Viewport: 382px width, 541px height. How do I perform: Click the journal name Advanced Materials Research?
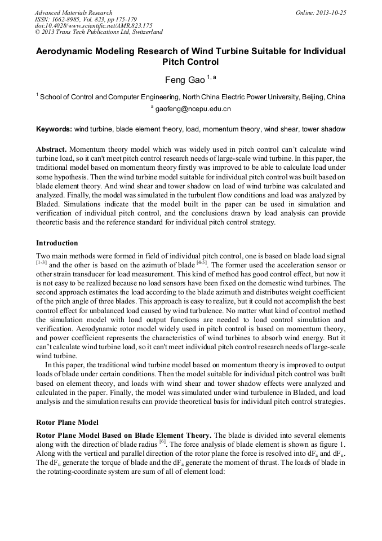[73, 12]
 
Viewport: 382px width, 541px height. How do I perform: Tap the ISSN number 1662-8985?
[73, 19]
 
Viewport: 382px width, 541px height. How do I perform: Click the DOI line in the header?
[94, 26]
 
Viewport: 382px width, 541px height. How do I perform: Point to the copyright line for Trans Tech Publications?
[99, 33]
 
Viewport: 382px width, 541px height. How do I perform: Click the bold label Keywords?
[54, 129]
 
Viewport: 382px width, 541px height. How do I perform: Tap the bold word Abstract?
[51, 149]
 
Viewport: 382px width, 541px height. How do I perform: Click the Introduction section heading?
[57, 243]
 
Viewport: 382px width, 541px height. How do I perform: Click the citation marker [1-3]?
[41, 262]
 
